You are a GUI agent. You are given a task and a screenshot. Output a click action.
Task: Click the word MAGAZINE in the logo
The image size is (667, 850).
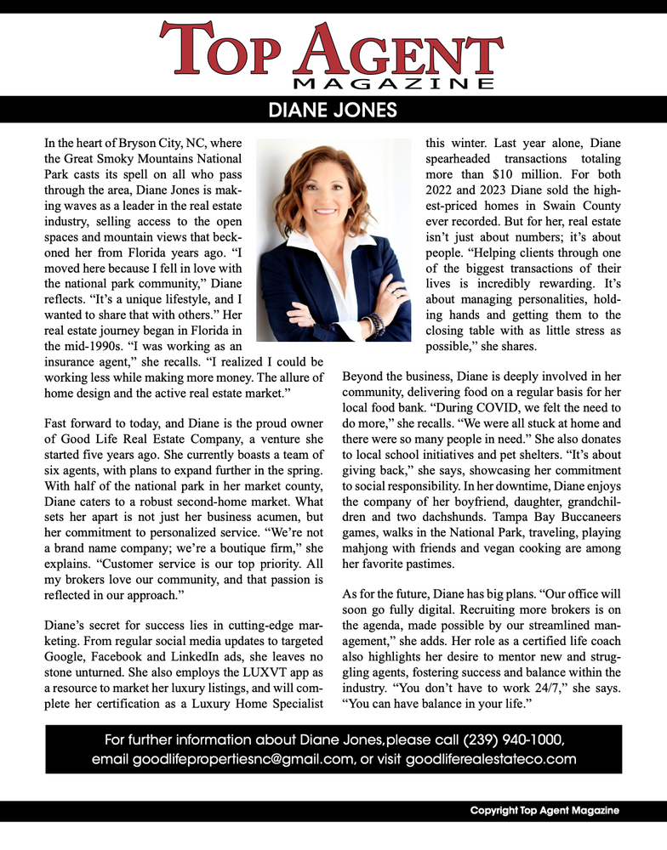(393, 83)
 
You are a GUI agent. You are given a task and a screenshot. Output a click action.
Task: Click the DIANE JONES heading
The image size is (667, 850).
(333, 110)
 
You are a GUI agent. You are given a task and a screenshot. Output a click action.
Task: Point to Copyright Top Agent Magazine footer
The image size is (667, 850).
(544, 811)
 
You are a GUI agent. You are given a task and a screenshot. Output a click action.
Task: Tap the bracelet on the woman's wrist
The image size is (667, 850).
(375, 323)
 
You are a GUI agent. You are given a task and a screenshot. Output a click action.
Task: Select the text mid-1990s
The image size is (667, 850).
(77, 347)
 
